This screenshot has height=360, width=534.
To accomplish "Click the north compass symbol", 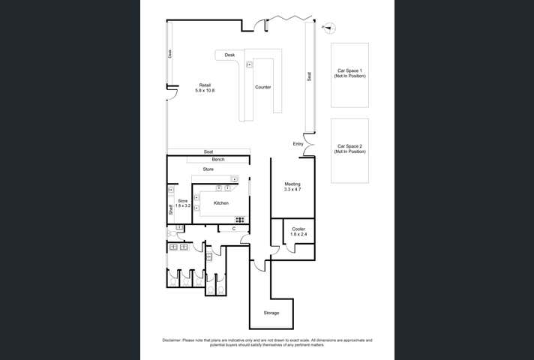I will [x=328, y=28].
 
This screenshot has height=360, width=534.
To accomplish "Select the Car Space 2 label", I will [x=350, y=148].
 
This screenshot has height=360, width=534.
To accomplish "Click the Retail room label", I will [x=205, y=87].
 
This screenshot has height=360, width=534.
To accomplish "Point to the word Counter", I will [x=262, y=87].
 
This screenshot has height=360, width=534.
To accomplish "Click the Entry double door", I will [x=307, y=151].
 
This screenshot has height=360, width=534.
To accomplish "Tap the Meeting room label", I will [x=292, y=187].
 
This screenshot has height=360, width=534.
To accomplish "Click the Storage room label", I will [x=271, y=313].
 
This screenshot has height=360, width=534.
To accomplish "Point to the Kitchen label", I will [x=221, y=203].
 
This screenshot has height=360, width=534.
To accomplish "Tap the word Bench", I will [x=218, y=160].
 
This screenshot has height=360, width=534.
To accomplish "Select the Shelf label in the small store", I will [x=171, y=211].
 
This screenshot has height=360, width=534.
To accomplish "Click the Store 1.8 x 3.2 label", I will [x=182, y=203].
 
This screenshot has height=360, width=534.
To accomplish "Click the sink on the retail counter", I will [x=249, y=64].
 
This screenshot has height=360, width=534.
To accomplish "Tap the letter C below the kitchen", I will [x=234, y=228].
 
